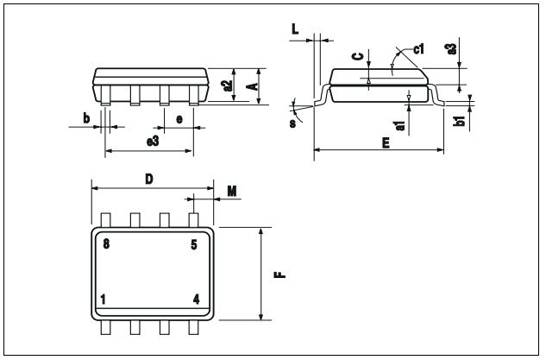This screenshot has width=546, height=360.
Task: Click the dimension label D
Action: [x=148, y=179]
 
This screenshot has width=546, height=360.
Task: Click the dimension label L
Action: [x=295, y=29]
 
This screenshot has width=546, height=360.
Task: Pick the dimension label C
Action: [x=356, y=57]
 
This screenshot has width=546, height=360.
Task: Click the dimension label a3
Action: [x=451, y=50]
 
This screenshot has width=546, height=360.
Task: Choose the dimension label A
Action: [x=251, y=85]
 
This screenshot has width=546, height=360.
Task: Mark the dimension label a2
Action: [x=227, y=85]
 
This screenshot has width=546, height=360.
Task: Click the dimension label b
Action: [x=85, y=117]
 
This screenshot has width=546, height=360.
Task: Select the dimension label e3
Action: [x=153, y=141]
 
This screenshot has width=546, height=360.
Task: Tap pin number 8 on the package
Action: [x=105, y=244]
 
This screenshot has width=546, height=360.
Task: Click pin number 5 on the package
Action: [x=194, y=244]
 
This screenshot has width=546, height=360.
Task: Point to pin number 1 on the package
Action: [x=104, y=300]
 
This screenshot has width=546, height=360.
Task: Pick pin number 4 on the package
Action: [x=196, y=300]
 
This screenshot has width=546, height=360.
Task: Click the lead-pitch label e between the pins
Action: [x=179, y=118]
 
